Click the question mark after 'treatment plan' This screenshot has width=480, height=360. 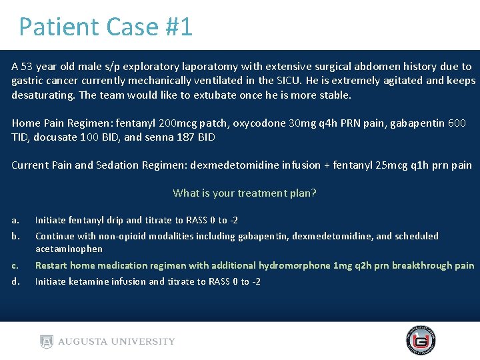pos(313,193)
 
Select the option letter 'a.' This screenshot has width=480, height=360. pos(15,220)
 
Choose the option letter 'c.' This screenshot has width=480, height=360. pos(15,265)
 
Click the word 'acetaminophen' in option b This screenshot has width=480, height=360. pos(69,249)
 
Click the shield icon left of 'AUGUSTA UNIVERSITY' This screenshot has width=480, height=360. pos(45,341)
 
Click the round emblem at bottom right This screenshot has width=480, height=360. pos(421,341)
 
